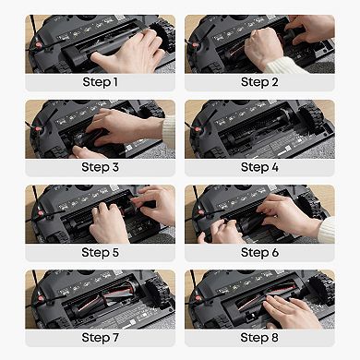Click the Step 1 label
100,82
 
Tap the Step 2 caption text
259,82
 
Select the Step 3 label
100,167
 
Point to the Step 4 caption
259,167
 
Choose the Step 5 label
100,253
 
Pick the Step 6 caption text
259,253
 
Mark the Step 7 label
100,338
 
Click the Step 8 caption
259,338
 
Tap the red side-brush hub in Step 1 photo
38,45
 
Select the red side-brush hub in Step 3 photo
38,130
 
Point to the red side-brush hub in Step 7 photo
40,298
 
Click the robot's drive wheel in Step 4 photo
311,116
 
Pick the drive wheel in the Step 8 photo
321,288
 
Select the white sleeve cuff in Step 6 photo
326,230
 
